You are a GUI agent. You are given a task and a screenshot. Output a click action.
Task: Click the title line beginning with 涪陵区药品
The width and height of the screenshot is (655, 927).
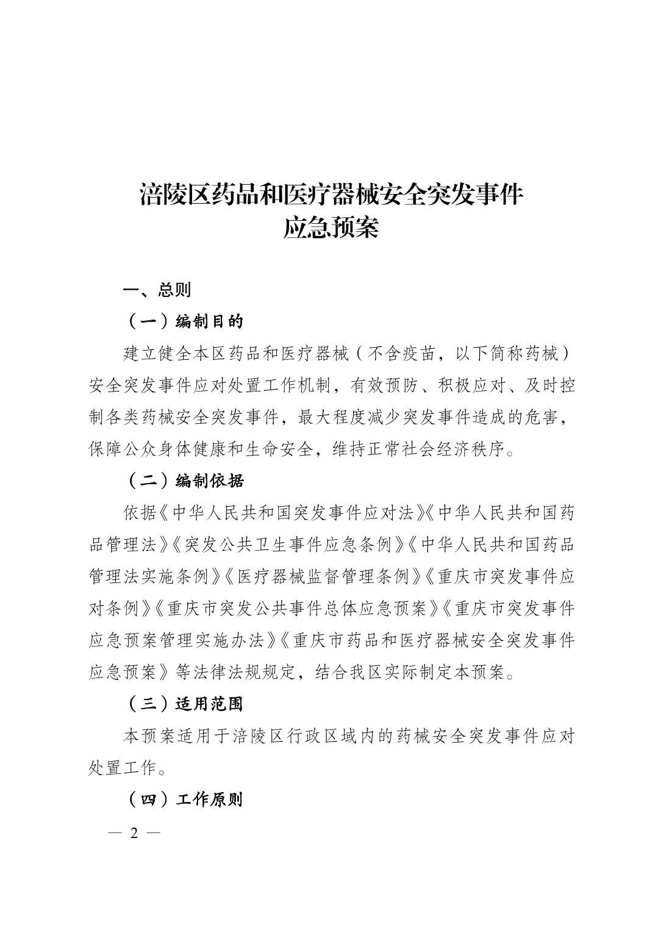(x=332, y=195)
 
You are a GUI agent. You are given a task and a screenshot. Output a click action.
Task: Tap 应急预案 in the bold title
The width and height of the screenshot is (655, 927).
(x=331, y=228)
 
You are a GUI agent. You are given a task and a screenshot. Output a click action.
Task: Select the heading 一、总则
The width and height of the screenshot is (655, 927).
(x=157, y=290)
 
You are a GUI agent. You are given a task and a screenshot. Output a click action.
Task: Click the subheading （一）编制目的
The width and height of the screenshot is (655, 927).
(x=187, y=321)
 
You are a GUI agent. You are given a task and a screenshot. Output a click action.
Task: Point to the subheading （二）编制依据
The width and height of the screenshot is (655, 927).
(x=187, y=481)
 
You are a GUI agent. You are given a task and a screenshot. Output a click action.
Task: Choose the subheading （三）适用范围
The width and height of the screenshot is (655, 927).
(x=187, y=704)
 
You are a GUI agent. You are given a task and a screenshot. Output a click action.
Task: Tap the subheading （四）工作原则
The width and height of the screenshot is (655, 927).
(x=187, y=800)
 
